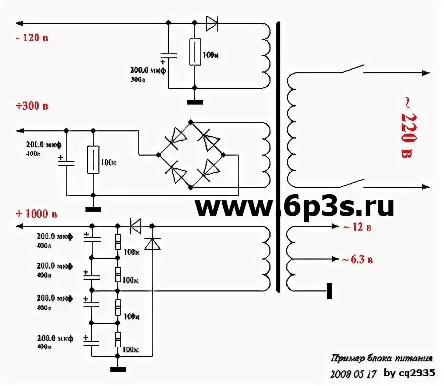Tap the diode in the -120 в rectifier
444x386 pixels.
(x=213, y=23)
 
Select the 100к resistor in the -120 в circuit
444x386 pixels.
(x=195, y=51)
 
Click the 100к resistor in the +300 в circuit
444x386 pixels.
(x=93, y=159)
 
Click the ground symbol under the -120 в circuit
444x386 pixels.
(x=195, y=102)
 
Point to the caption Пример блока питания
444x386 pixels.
(x=383, y=358)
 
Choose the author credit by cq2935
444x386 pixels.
(x=409, y=373)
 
